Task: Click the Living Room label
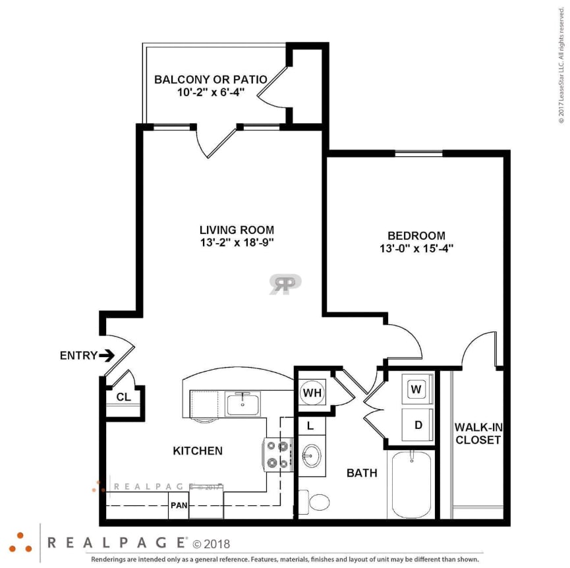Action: pyautogui.click(x=237, y=230)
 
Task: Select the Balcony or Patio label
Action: pyautogui.click(x=210, y=80)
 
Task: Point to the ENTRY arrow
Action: pyautogui.click(x=107, y=356)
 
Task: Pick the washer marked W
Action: pyautogui.click(x=416, y=389)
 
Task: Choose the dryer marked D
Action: pyautogui.click(x=417, y=425)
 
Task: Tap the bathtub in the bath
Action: pyautogui.click(x=412, y=484)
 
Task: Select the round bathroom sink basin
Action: pyautogui.click(x=312, y=455)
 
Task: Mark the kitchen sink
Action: pyautogui.click(x=243, y=403)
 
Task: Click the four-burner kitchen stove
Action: pyautogui.click(x=278, y=455)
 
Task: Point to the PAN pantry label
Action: pyautogui.click(x=179, y=505)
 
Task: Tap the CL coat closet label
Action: pyautogui.click(x=123, y=397)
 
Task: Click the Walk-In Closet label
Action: pyautogui.click(x=478, y=434)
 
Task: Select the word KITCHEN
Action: pyautogui.click(x=198, y=451)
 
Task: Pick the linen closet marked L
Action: pyautogui.click(x=311, y=426)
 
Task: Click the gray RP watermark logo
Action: pyautogui.click(x=285, y=284)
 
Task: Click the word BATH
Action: pyautogui.click(x=362, y=472)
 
